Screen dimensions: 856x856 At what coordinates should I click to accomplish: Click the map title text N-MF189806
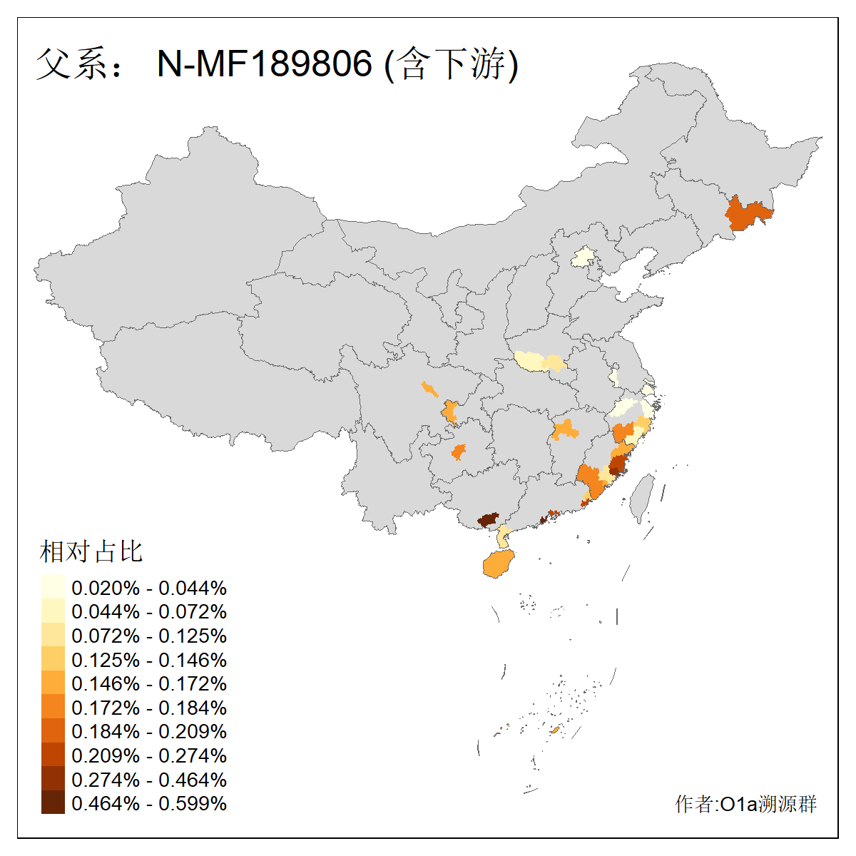click(265, 64)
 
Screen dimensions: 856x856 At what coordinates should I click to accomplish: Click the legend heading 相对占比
click(91, 551)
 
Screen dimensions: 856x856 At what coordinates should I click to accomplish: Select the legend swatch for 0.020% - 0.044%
click(53, 587)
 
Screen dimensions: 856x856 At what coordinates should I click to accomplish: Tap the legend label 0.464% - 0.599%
click(149, 803)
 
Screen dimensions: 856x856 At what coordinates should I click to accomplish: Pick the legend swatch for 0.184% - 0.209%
click(53, 731)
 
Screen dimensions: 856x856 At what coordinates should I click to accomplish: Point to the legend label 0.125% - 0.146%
click(149, 660)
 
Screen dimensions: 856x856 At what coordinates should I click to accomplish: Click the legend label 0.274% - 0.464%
click(149, 780)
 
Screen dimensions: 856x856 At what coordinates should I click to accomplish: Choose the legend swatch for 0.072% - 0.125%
click(53, 635)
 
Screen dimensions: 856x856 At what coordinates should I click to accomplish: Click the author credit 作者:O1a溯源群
click(745, 804)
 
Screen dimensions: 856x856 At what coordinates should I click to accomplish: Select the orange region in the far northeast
click(747, 214)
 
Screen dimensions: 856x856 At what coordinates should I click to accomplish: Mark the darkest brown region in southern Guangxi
click(488, 519)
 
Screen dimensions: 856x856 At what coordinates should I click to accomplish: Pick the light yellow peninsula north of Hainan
click(504, 536)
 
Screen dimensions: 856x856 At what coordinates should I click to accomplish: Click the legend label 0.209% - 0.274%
click(149, 755)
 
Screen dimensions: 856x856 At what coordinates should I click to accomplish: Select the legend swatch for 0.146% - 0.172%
click(53, 683)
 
